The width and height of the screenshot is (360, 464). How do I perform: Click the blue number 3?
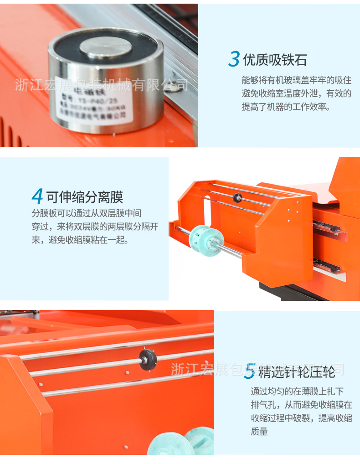(x=234, y=59)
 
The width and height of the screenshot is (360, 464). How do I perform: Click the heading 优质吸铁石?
(x=274, y=60)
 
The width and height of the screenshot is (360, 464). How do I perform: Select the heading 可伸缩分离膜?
(x=84, y=197)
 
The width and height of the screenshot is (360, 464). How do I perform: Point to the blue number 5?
(x=249, y=371)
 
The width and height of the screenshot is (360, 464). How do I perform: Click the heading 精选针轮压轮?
(x=296, y=372)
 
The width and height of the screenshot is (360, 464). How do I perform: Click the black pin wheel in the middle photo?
(x=237, y=198)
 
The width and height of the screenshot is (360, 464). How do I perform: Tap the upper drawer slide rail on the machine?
(x=326, y=226)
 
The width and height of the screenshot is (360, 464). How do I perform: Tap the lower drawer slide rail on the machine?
(x=326, y=265)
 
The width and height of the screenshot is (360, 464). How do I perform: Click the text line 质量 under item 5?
(x=259, y=431)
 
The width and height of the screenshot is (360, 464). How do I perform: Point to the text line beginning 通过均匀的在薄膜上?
(x=297, y=391)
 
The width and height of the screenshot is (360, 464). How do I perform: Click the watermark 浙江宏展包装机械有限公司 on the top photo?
(x=101, y=85)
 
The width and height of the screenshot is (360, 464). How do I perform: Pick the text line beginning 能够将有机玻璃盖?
(x=296, y=80)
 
